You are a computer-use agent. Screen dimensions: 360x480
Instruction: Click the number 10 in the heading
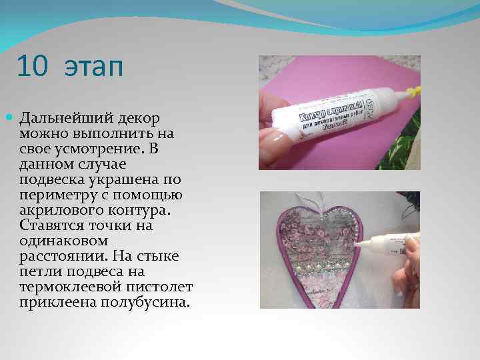(33, 67)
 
